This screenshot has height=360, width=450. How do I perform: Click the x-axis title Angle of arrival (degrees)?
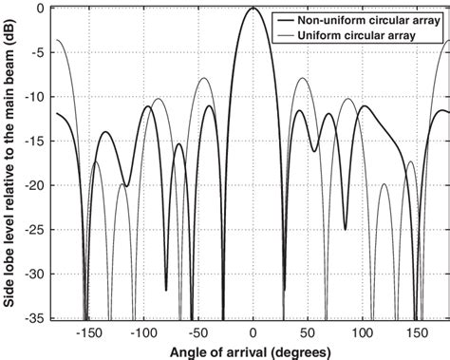point(252,351)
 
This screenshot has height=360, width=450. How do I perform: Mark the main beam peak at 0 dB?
point(253,8)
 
